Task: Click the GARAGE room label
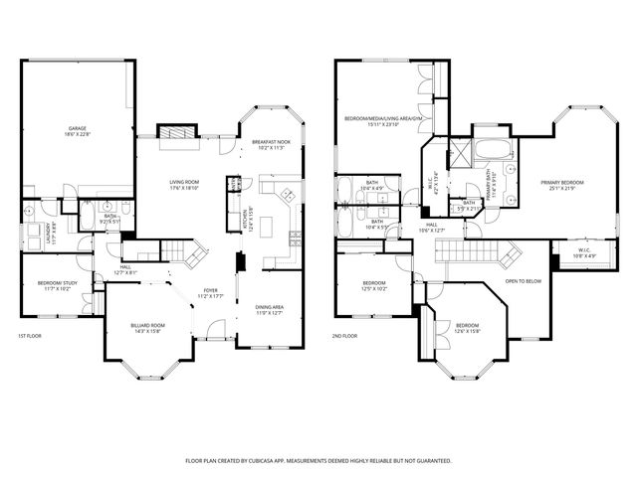(76, 128)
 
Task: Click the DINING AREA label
(270, 307)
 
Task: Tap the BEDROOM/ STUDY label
(54, 284)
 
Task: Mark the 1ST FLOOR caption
(29, 337)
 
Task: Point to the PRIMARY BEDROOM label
(562, 183)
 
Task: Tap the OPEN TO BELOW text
(523, 280)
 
